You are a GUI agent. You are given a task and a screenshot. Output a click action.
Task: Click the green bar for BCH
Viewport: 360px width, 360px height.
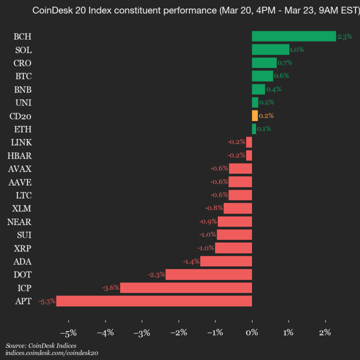[x=294, y=36]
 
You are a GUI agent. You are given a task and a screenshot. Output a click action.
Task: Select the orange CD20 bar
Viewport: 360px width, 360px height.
[x=255, y=115]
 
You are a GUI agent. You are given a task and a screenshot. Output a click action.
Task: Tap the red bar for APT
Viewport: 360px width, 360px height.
[x=154, y=301]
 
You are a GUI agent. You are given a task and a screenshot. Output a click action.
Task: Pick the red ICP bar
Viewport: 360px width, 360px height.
[x=186, y=287]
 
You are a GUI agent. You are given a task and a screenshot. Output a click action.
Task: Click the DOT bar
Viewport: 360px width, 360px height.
[x=208, y=274]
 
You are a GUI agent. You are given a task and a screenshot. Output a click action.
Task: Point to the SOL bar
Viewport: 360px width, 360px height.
[x=270, y=49]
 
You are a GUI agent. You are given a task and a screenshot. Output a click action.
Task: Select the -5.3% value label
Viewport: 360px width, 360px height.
[x=46, y=301]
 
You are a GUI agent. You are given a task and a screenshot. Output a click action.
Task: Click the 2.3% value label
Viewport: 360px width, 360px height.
[x=344, y=36]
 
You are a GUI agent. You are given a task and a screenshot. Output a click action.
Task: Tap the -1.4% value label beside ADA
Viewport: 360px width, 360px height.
[x=191, y=261]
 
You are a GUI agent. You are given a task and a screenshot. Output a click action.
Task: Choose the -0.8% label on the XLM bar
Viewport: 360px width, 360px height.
[x=214, y=208]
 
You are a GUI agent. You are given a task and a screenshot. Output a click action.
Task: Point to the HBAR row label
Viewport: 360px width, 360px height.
[x=21, y=155]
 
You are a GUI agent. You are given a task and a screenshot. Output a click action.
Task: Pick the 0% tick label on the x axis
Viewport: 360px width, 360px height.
[x=252, y=332]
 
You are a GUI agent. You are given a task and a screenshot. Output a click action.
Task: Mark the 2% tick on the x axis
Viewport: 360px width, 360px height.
[x=325, y=332]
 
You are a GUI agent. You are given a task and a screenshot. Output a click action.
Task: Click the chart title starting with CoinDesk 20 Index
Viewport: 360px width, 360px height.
[x=194, y=10]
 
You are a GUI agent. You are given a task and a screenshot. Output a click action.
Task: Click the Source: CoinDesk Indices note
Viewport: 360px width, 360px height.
[x=41, y=345]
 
